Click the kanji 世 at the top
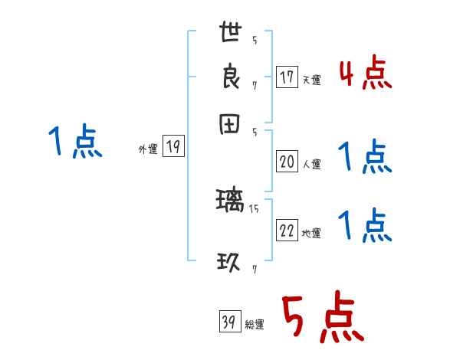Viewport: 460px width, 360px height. point(231,34)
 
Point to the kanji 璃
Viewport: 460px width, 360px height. point(231,202)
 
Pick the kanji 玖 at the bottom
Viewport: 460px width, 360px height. point(231,263)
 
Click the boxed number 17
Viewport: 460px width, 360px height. point(287,77)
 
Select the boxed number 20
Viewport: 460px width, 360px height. point(287,162)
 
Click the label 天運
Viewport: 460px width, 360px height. point(311,80)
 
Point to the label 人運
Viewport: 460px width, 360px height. point(311,164)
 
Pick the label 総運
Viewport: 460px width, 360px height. point(255,325)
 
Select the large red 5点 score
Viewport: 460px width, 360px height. point(323,319)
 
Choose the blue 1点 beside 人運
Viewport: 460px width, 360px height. point(365,158)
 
